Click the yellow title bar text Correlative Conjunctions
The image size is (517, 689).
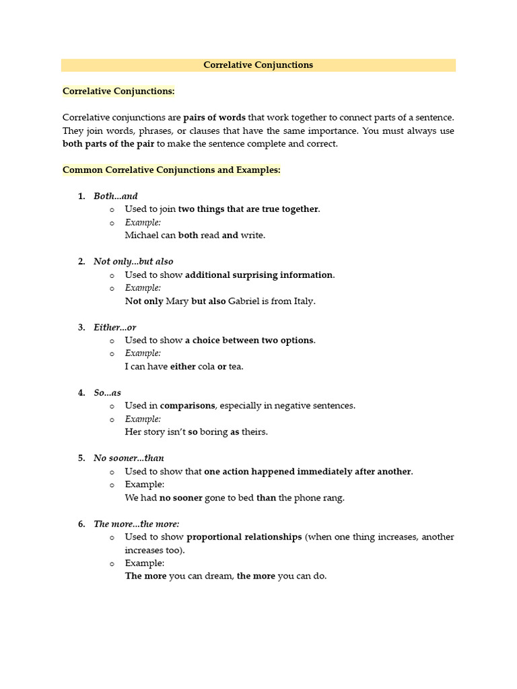[x=258, y=65]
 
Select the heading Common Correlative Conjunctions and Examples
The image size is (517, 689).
[x=171, y=170]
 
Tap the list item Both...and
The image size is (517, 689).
[x=116, y=196]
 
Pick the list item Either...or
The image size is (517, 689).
[x=115, y=328]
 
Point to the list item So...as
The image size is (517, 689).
[x=108, y=393]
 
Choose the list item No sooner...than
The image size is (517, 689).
[x=129, y=458]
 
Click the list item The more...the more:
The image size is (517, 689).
[x=137, y=524]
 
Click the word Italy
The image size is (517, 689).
[x=304, y=301]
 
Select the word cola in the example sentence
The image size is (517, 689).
[x=206, y=367]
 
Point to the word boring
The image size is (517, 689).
[x=213, y=432]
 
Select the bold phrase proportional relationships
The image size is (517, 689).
[x=244, y=537]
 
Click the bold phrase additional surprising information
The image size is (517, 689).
[x=258, y=275]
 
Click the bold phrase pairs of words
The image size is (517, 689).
[x=215, y=117]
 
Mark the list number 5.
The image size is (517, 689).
[x=81, y=458]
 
